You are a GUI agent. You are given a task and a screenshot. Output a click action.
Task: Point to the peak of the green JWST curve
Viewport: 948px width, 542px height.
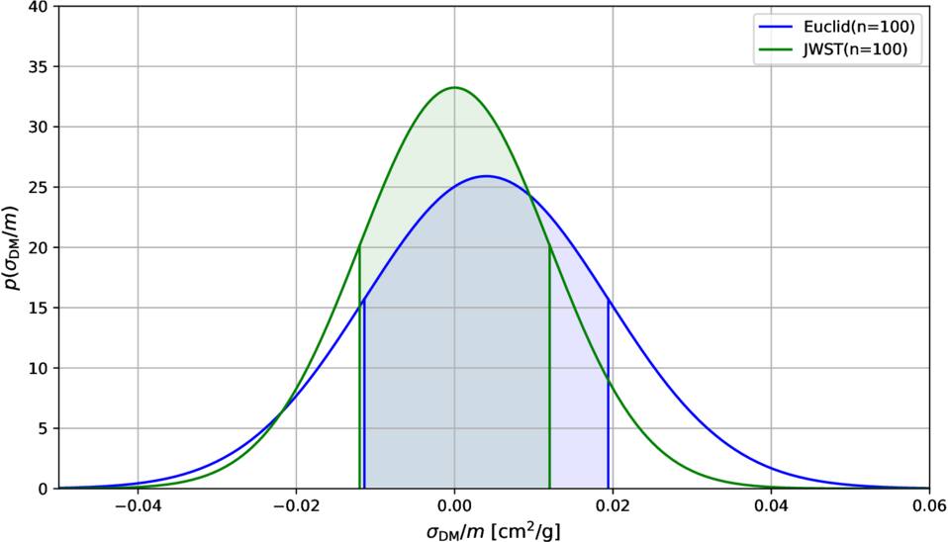[454, 87]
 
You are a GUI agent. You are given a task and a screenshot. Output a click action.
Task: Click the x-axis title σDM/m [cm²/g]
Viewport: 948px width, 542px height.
[494, 531]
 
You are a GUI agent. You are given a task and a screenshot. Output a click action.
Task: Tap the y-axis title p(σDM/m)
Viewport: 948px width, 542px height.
[13, 247]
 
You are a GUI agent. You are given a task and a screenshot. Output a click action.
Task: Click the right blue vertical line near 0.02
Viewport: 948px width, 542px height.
[609, 396]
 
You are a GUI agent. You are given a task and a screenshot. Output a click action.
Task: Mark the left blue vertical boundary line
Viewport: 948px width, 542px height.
[364, 396]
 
